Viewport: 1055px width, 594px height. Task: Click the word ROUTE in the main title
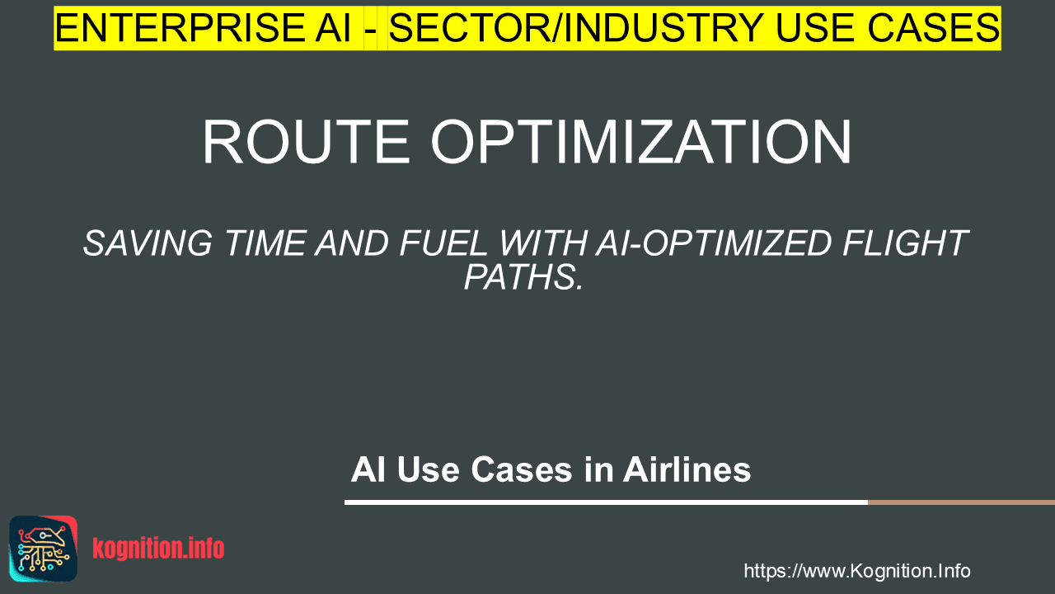tap(306, 142)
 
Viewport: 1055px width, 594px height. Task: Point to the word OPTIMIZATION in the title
tap(641, 142)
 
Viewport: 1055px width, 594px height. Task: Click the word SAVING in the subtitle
tap(148, 243)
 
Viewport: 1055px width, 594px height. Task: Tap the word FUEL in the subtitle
tap(443, 243)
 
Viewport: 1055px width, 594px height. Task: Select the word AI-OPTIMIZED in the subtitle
tap(714, 243)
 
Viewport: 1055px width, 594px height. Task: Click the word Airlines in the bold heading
tap(687, 469)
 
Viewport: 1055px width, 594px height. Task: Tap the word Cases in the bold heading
tap(522, 470)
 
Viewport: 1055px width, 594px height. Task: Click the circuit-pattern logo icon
tap(44, 549)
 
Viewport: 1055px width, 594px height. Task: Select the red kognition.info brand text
tap(158, 549)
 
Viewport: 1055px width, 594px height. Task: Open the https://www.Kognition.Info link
tap(856, 572)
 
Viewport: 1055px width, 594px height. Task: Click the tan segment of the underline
tap(961, 502)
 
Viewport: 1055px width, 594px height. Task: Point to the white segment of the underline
tap(606, 502)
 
